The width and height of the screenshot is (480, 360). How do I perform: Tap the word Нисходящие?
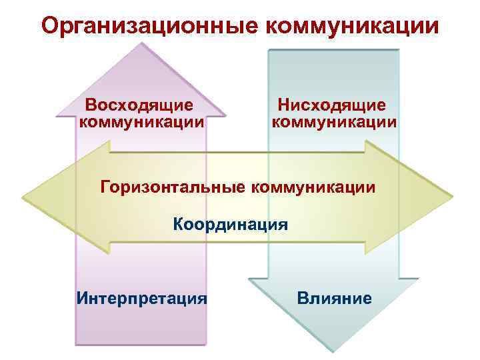click(x=332, y=105)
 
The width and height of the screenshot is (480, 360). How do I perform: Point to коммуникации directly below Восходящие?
click(x=141, y=123)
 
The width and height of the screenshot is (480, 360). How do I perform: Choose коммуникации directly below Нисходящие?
click(x=334, y=123)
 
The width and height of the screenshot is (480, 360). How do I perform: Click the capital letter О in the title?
click(x=49, y=27)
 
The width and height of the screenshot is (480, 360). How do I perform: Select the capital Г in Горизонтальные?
click(x=105, y=186)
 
